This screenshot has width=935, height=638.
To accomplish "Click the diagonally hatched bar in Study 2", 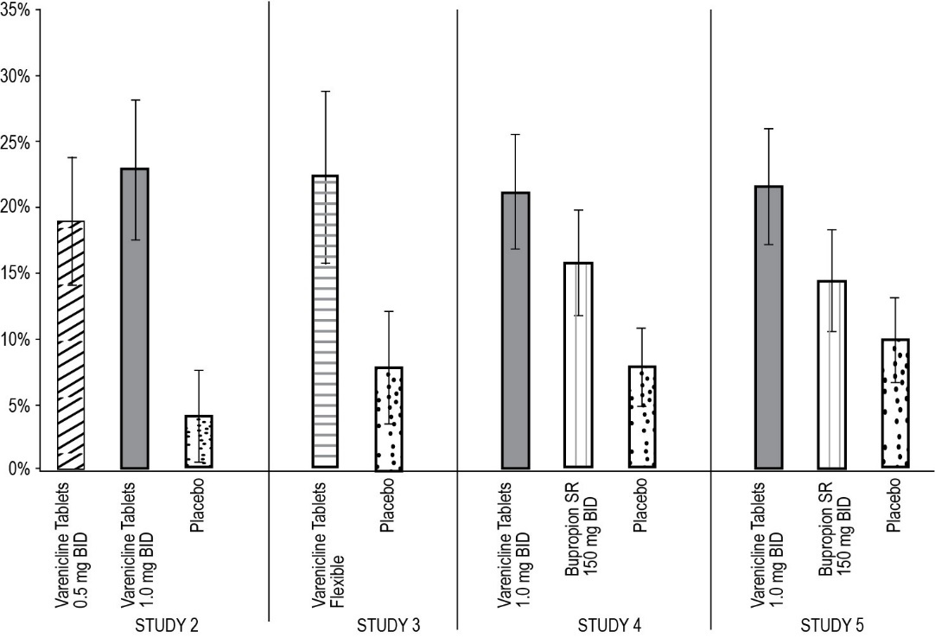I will point(71,346).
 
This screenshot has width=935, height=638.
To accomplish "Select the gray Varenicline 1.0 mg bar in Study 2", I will point(135,320).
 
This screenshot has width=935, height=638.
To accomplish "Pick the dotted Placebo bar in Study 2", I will point(199,442).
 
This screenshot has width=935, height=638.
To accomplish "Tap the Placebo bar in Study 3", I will point(389,418).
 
